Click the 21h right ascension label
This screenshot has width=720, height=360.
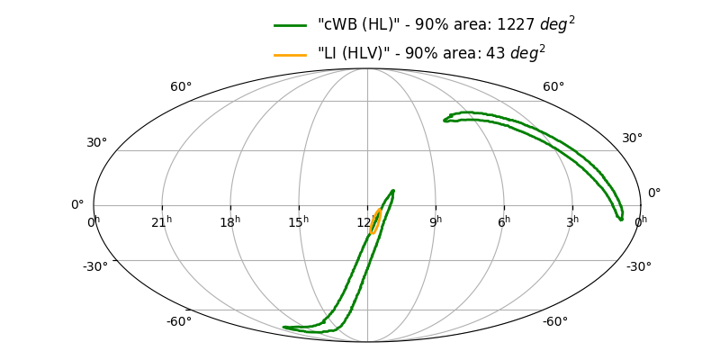[162, 221]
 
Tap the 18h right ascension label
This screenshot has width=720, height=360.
[230, 221]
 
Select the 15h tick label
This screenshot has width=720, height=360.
[299, 221]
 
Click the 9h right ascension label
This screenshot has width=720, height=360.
[436, 221]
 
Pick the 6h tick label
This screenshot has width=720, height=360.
[504, 221]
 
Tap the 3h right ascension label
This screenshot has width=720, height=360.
[572, 221]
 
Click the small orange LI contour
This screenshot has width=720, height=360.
[375, 220]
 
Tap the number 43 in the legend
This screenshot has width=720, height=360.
[494, 54]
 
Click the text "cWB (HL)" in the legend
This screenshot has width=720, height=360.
[354, 25]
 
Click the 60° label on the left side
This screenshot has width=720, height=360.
[181, 87]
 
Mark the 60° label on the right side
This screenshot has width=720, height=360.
[553, 87]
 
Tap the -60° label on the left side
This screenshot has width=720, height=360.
[178, 322]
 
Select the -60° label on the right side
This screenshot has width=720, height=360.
[554, 322]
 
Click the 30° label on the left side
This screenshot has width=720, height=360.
[97, 143]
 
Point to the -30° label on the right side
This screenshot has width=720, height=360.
[638, 266]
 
